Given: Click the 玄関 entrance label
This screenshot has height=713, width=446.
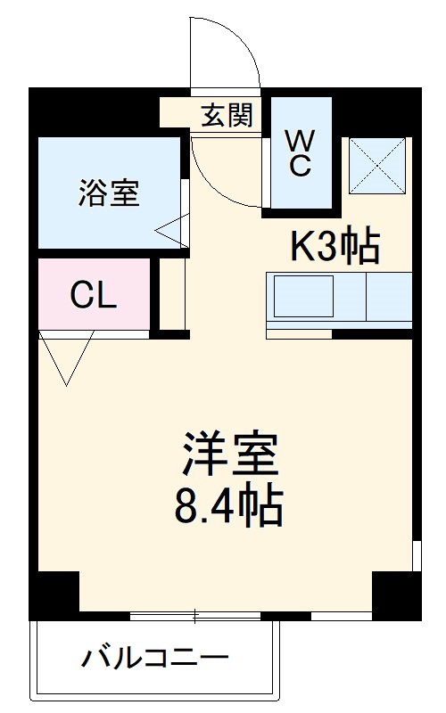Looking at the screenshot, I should click(x=227, y=115).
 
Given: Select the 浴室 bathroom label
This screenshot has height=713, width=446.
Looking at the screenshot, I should click(x=109, y=193).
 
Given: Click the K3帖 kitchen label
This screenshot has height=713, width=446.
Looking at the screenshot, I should click(x=334, y=246).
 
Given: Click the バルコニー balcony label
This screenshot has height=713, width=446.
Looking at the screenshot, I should click(x=155, y=660).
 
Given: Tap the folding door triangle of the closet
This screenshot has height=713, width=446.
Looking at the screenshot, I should click(x=67, y=356).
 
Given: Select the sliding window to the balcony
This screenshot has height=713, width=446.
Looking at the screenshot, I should click(x=195, y=615).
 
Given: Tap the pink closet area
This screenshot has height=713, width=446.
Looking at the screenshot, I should click(x=94, y=295).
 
